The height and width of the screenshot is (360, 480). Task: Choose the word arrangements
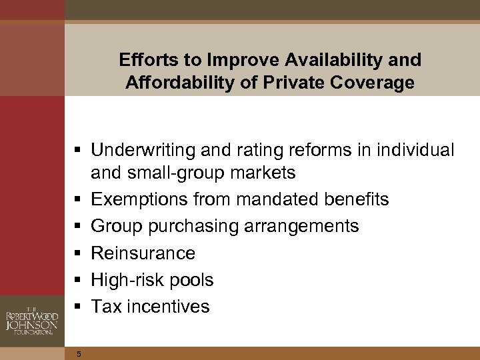(309, 226)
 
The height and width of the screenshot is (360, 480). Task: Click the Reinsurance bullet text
(143, 253)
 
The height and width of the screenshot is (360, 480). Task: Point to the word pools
(192, 279)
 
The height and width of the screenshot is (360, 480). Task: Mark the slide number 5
(78, 354)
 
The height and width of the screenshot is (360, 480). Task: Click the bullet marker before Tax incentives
(79, 307)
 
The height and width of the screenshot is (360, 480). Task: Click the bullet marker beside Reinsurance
(79, 253)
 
